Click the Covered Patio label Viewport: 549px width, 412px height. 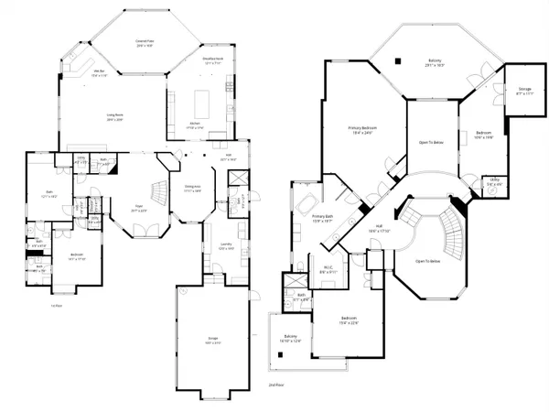(x=143, y=42)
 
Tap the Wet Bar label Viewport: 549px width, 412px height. (x=99, y=72)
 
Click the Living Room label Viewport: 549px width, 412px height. (x=113, y=115)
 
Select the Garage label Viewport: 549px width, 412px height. (x=213, y=341)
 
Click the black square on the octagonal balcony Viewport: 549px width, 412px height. (x=399, y=61)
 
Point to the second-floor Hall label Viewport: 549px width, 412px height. (x=379, y=230)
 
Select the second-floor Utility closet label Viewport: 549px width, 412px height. (x=493, y=181)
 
